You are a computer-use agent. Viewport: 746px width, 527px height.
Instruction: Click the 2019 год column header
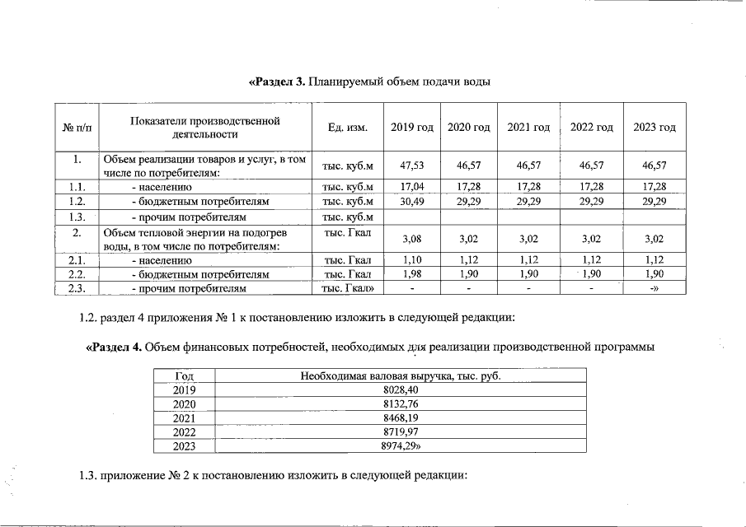click(x=412, y=127)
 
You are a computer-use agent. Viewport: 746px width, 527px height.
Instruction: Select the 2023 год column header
click(x=654, y=127)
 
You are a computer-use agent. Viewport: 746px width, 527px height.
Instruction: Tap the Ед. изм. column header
click(x=347, y=127)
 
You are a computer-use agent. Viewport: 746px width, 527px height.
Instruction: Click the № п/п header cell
click(x=76, y=127)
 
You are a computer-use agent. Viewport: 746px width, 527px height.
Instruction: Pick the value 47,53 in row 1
click(x=412, y=166)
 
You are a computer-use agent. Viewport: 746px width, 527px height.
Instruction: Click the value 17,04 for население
click(x=412, y=187)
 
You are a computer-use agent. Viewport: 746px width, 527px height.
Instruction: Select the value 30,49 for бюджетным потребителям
click(x=412, y=201)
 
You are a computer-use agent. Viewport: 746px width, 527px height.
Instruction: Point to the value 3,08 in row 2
click(x=412, y=239)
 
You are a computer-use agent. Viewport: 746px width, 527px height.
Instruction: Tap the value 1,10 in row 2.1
click(x=412, y=259)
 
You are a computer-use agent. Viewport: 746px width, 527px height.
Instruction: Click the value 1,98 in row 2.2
click(x=412, y=273)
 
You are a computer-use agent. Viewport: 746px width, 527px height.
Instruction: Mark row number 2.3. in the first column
click(x=76, y=288)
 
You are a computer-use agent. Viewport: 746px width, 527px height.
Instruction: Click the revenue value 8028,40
click(x=401, y=390)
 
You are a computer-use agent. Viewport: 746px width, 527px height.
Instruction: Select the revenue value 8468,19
click(x=401, y=417)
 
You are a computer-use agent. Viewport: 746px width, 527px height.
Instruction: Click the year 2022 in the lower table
click(x=185, y=431)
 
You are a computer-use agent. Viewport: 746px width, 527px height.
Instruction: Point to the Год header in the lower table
click(x=185, y=376)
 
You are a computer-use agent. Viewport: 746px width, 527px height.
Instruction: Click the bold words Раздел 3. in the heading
click(x=278, y=82)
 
